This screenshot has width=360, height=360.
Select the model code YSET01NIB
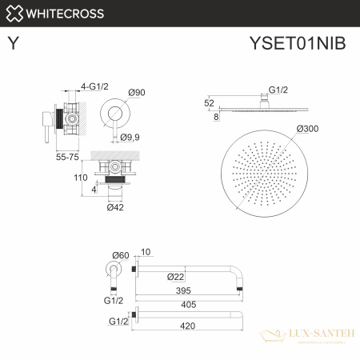pos(298,44)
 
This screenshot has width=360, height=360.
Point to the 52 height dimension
pos(209,102)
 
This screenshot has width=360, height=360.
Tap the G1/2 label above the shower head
pos(278,91)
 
